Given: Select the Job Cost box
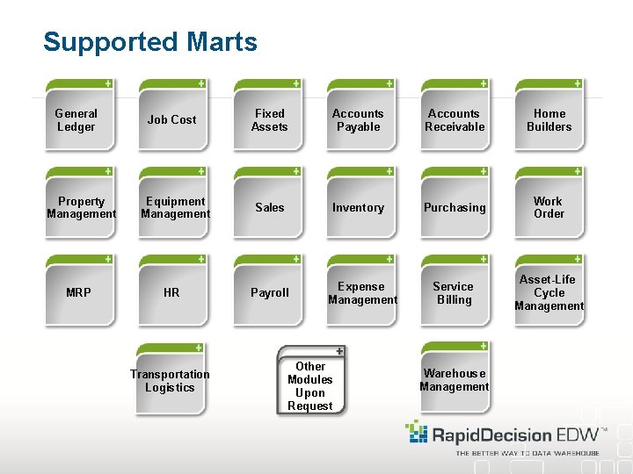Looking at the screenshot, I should point(172,119).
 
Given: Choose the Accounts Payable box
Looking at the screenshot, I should point(359,119).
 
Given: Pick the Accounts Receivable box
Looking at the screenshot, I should point(455,119).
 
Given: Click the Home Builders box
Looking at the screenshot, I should point(549,119).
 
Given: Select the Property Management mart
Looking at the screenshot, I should point(81,207).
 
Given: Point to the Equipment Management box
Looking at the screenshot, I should point(175,207).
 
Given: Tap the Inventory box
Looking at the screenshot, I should point(359,207).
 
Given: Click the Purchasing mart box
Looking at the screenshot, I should point(455,207).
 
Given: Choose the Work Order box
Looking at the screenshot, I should point(549,207).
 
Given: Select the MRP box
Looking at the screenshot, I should point(79,292).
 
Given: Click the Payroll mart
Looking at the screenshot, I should point(269,292).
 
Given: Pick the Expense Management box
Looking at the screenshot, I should point(362,292).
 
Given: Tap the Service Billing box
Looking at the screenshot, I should point(454,292).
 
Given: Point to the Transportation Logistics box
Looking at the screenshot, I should point(171,380).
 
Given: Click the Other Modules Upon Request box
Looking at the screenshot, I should point(310,385).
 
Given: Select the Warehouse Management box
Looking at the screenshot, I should point(455,379).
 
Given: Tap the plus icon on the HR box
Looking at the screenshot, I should point(201,259).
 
